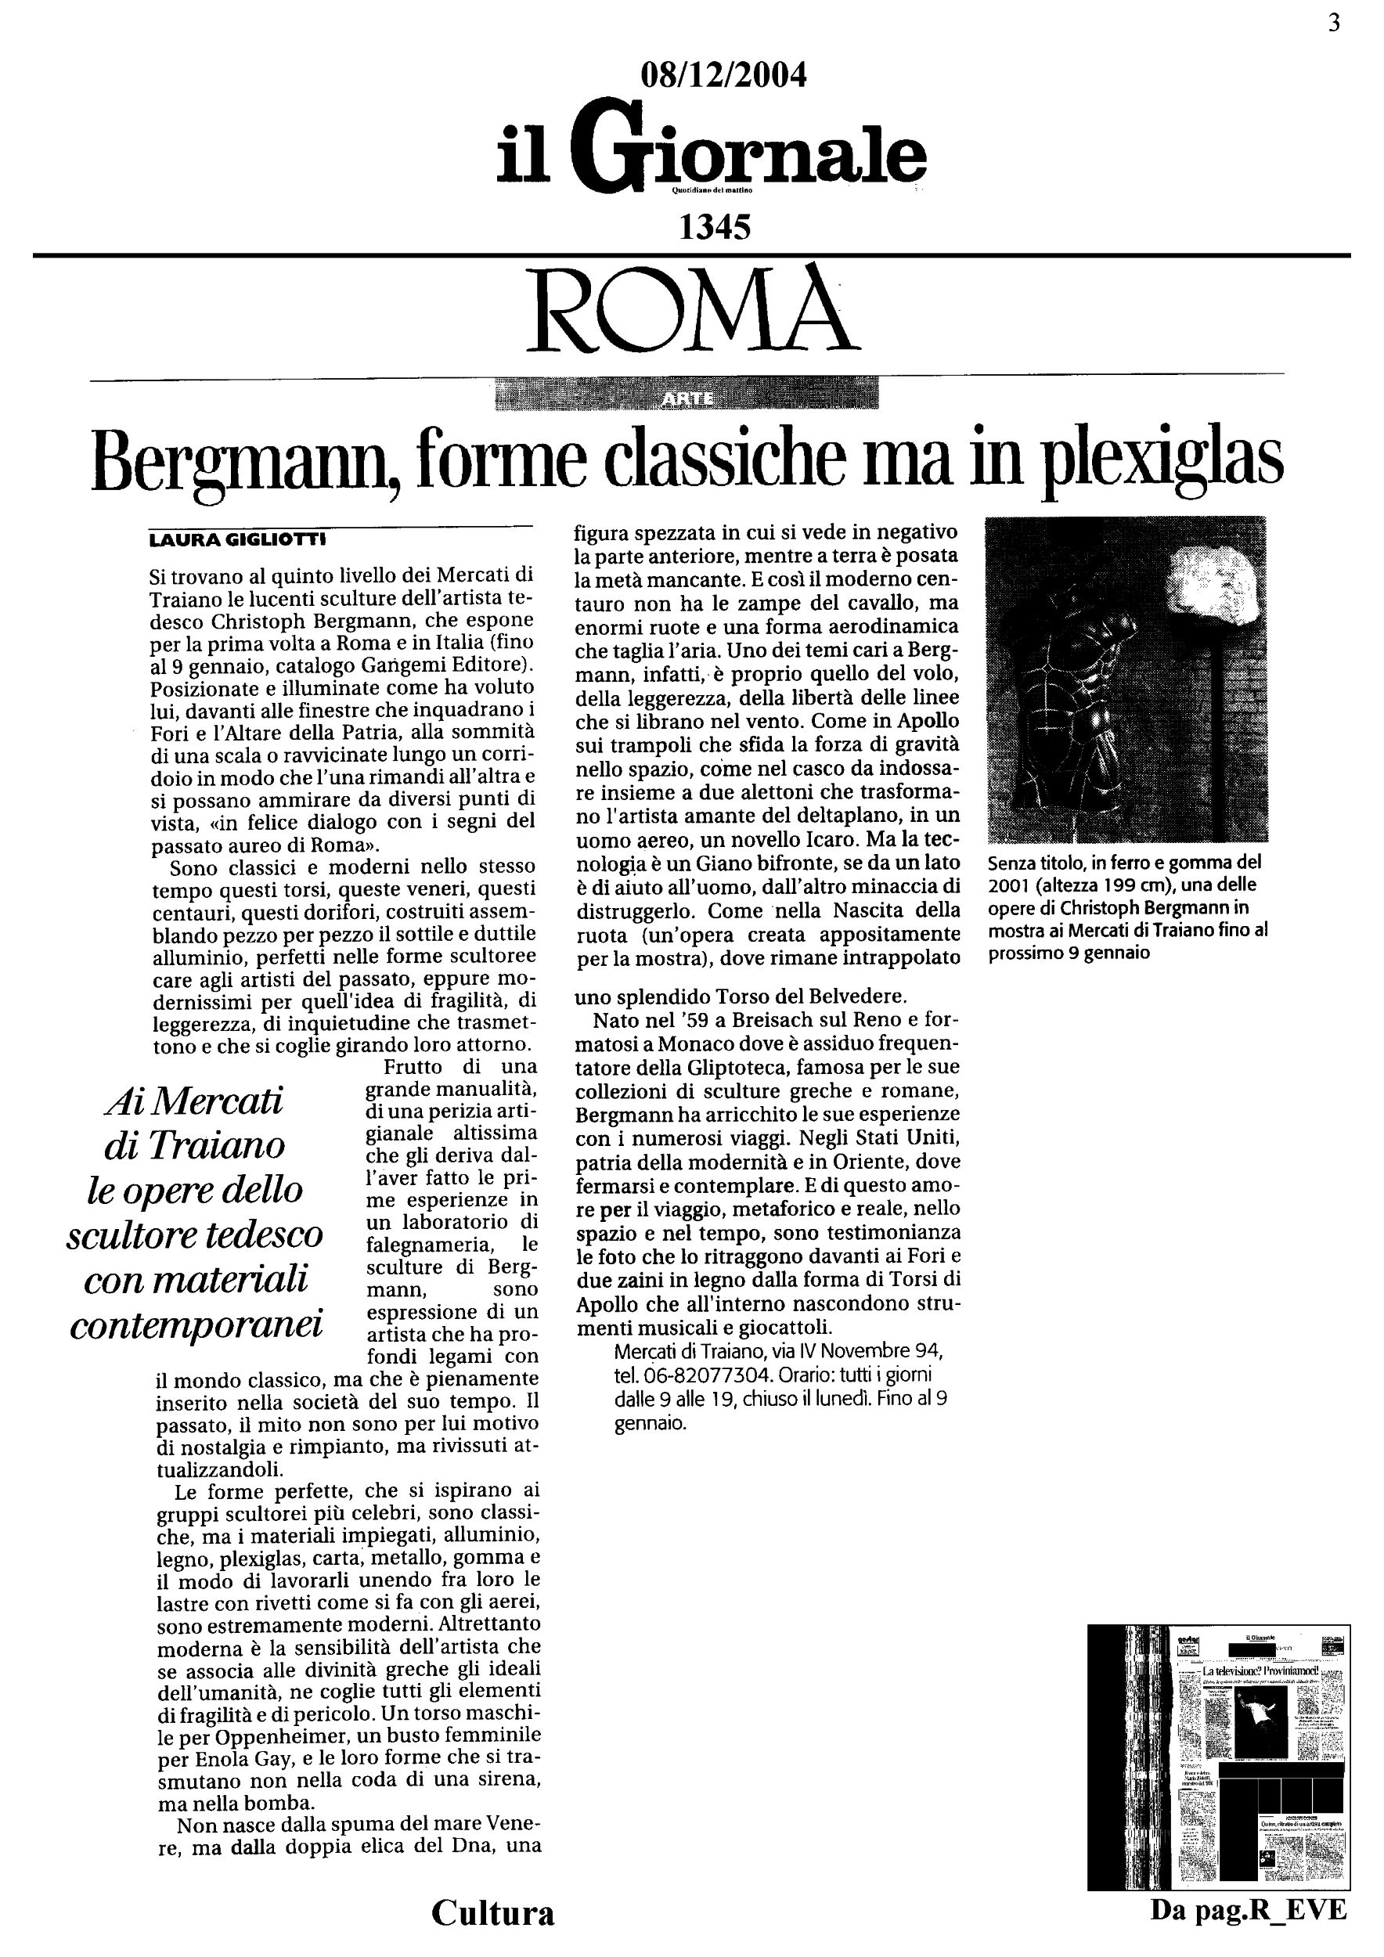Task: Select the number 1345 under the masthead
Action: [714, 228]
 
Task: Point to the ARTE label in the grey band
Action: [687, 398]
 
